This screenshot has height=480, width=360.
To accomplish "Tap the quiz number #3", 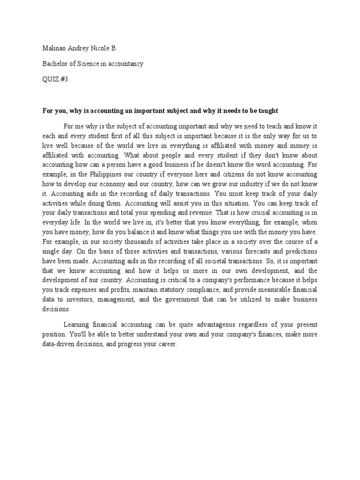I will point(64,79).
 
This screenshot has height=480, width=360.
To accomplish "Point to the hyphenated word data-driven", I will point(59,344).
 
